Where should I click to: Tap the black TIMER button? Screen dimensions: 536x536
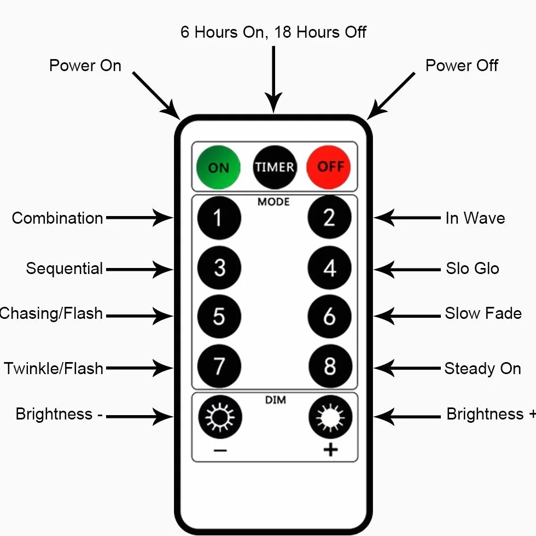coord(275,167)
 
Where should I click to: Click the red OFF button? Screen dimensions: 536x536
coord(329,167)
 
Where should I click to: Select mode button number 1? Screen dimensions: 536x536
coord(219,218)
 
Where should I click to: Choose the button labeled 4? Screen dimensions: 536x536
coord(329,267)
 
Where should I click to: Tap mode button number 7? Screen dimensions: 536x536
coord(219,366)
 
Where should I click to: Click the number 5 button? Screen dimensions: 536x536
coord(219,317)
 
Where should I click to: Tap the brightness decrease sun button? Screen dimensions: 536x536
coord(220,417)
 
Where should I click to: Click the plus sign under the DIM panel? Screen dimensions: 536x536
coord(330,450)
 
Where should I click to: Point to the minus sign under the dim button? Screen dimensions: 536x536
coord(220,451)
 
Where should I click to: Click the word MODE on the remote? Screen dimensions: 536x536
coord(273,202)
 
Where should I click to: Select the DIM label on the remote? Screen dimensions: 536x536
coord(276,400)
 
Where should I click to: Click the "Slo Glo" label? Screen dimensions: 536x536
coord(473,269)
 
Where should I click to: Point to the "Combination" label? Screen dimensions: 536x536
coord(57,218)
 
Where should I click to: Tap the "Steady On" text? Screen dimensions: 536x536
coord(482,369)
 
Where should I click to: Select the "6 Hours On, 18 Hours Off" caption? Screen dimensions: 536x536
coord(273,32)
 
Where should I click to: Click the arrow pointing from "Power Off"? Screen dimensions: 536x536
coord(391,96)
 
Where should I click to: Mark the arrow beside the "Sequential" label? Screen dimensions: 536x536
coord(139,270)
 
